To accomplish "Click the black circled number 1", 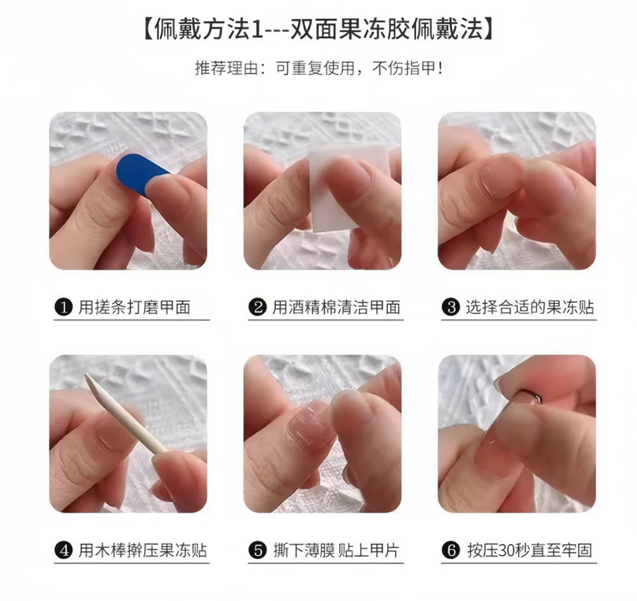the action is (x=63, y=307).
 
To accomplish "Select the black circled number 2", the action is (x=258, y=307).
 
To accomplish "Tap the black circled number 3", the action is (x=451, y=307).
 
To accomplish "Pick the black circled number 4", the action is (x=63, y=551).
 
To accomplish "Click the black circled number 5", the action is (x=258, y=551).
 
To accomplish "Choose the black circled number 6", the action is (x=451, y=551).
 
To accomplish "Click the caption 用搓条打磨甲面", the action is (x=134, y=307).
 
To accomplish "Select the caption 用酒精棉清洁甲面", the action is (x=336, y=307).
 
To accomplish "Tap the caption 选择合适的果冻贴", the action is (x=530, y=307).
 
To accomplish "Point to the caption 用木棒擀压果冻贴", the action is (x=143, y=551).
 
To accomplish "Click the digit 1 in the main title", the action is (x=256, y=29).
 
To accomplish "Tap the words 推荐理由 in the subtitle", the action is (x=226, y=68).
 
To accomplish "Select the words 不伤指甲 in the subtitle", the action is (x=404, y=68).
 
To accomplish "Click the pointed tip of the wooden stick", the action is (x=85, y=375).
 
